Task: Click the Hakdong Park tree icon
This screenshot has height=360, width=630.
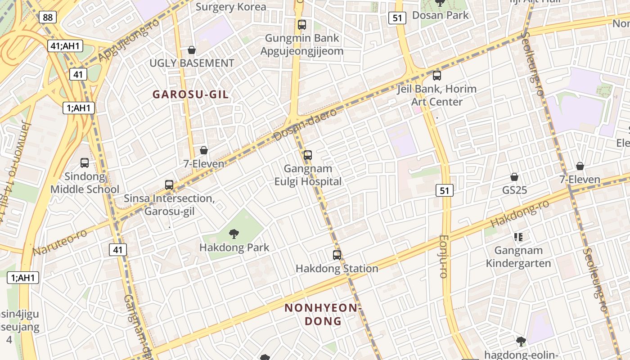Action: (x=234, y=234)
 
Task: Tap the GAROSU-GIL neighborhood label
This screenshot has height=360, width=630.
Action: (x=190, y=94)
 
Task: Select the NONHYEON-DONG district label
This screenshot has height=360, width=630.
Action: (x=323, y=315)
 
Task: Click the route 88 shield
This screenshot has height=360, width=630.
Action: (x=47, y=18)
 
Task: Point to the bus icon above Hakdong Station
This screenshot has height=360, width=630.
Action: (x=337, y=255)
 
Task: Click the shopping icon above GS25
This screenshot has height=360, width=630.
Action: (x=514, y=177)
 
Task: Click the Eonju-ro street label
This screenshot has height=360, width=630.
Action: (x=444, y=256)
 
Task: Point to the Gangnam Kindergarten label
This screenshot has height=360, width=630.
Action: (x=518, y=256)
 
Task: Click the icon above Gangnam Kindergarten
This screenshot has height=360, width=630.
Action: (x=518, y=237)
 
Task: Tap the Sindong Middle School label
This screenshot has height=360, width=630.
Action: (x=85, y=183)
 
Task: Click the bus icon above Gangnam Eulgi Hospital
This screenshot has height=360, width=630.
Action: (x=308, y=155)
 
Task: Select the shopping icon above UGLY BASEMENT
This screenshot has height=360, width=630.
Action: (x=192, y=49)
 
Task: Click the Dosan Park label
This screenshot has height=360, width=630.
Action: (x=440, y=15)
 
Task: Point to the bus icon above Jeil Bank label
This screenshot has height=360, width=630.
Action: (x=436, y=76)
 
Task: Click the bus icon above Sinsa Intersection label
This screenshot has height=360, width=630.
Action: (x=169, y=184)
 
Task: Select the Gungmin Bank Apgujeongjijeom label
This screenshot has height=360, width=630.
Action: (x=301, y=44)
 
